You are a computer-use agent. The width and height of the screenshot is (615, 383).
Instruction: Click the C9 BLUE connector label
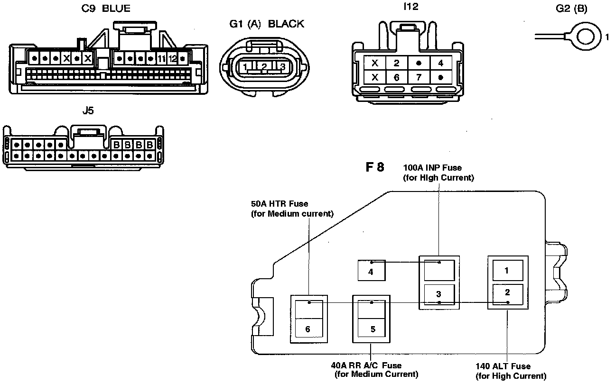(x=106, y=9)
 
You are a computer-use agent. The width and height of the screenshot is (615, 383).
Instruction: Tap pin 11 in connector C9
(x=161, y=59)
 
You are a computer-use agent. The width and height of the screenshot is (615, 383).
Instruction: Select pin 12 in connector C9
(x=172, y=59)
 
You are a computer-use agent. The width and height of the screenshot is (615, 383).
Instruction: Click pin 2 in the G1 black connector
(x=264, y=67)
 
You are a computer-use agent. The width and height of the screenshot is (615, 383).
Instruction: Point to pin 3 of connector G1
(x=282, y=67)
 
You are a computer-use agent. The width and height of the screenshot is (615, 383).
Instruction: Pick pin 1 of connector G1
(x=245, y=67)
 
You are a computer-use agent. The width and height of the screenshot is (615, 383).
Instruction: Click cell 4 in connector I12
(x=440, y=63)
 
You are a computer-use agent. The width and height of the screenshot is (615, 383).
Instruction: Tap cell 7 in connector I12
(x=419, y=77)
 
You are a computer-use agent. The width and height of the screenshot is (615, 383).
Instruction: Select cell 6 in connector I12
(x=397, y=77)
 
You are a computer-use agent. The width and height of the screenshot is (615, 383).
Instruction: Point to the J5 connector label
(x=88, y=111)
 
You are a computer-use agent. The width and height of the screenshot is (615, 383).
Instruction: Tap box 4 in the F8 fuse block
(x=371, y=272)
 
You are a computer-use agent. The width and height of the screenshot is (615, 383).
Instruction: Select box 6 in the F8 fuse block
(x=308, y=328)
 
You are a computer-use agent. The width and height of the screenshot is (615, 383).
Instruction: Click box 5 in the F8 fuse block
(x=373, y=329)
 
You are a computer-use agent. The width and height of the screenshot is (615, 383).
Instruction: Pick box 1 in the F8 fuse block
(x=507, y=271)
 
